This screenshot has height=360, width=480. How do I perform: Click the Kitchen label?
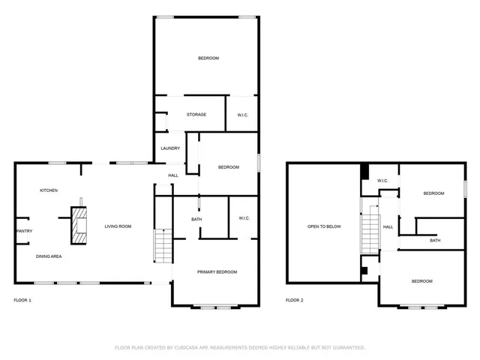[x=49, y=190]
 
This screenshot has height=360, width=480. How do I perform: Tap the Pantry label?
[x=24, y=231]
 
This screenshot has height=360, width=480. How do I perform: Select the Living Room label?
[x=118, y=226]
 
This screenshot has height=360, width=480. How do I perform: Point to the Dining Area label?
[x=49, y=256]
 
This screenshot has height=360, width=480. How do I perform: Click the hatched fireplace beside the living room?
[x=78, y=227]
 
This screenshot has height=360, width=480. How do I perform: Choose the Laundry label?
[x=170, y=148]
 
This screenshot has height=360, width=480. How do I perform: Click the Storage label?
[x=196, y=115]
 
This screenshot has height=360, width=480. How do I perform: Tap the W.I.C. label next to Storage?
[x=243, y=115]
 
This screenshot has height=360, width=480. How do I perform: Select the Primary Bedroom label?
[x=217, y=271]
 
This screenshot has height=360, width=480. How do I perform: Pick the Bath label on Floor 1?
[x=196, y=219]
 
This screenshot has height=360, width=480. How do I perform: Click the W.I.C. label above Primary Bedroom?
[x=244, y=219]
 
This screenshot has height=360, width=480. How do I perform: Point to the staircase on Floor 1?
[x=163, y=246]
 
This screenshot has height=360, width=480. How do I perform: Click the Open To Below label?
[x=324, y=226]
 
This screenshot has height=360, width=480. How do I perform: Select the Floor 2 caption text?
[x=295, y=300]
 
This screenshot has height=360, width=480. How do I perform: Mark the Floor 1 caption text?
[x=22, y=300]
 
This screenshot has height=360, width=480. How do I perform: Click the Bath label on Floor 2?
[x=435, y=240]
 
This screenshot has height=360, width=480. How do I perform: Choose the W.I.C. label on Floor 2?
[x=382, y=181]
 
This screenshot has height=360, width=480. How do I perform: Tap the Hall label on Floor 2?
[x=388, y=226]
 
